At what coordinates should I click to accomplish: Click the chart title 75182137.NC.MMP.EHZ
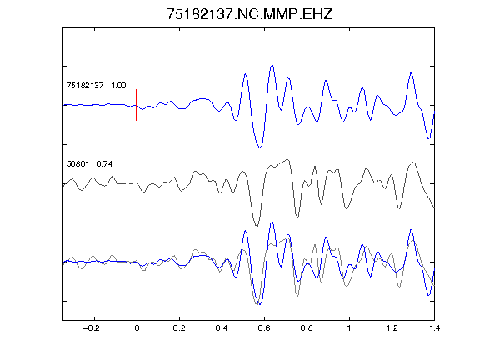pos(249,14)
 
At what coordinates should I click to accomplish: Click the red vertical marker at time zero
pos(137,105)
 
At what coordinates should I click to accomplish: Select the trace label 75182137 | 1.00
pos(96,85)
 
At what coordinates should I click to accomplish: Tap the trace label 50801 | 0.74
pos(89,164)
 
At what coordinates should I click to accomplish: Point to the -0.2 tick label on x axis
pos(92,328)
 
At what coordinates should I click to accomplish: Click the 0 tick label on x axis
pos(137,328)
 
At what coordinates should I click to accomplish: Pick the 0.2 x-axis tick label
pos(179,328)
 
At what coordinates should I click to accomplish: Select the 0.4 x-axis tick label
pos(222,328)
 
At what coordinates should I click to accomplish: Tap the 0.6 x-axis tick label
pos(264,328)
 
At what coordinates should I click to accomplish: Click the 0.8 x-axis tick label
pos(307,328)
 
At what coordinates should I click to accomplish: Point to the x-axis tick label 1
pos(349,328)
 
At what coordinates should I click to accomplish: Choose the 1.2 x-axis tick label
pos(392,328)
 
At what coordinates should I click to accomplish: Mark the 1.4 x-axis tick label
pos(434,328)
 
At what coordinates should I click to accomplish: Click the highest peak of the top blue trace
pos(272,66)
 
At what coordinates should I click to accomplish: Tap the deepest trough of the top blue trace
pos(260,147)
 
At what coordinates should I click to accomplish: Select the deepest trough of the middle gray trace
pos(257,226)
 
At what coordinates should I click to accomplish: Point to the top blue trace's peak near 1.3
pos(411,73)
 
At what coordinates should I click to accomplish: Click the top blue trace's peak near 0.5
pos(245,74)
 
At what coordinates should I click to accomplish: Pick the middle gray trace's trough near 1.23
pos(399,208)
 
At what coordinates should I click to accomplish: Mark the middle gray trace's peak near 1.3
pos(413,162)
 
